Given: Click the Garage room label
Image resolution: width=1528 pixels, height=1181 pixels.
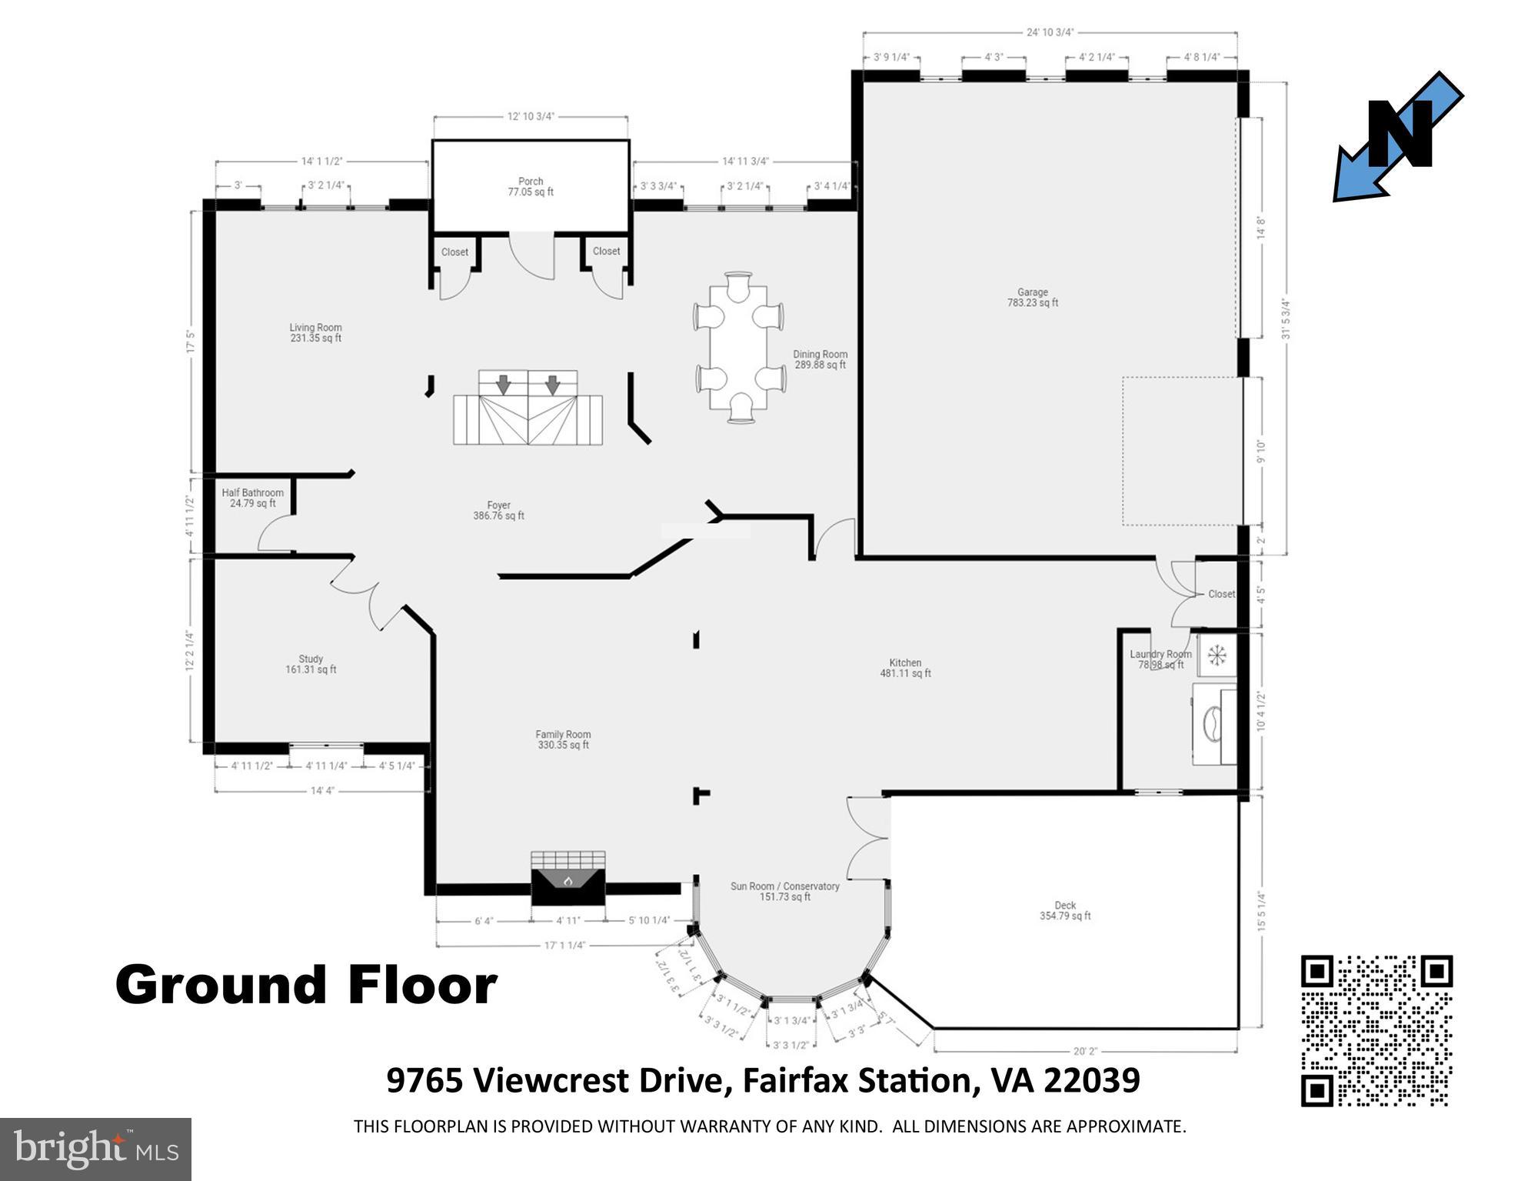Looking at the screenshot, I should coord(1032,297).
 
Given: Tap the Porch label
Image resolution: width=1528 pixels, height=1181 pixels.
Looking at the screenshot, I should coord(531,187).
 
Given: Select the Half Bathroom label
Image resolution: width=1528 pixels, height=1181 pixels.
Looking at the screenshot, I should coord(252,498).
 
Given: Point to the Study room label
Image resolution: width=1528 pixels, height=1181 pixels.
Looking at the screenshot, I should coord(311,664).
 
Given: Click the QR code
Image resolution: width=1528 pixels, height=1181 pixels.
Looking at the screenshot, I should coord(1376,1030).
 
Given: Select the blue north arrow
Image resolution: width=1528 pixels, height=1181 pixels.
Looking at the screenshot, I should coord(1398,137).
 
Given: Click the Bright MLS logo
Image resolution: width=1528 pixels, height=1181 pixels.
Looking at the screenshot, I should coord(95,1149).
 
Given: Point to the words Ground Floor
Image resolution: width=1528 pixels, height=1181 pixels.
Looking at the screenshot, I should coord(306,986).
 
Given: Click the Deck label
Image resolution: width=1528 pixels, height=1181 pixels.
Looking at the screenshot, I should coord(1065,910).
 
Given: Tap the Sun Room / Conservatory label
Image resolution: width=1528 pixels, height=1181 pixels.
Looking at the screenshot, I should coord(784,891).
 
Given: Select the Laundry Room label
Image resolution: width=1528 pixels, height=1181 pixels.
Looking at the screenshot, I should coord(1160,659).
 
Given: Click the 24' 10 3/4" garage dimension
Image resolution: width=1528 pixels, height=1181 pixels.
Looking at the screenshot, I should coord(1050,32).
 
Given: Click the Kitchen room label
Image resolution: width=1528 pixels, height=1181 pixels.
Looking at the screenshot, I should coord(905,668).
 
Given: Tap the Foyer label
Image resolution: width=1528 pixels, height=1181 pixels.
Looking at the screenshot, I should coord(498,511).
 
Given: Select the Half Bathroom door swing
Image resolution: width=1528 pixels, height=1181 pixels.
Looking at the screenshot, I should coord(274,533).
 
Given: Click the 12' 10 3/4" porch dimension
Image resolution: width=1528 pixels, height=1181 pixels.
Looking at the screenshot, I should coord(531,116).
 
